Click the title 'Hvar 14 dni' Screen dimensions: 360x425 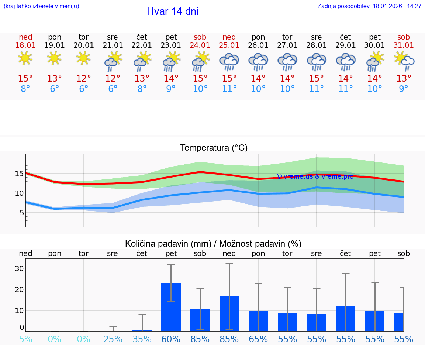coord(172,11)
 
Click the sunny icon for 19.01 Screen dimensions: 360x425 coord(55,58)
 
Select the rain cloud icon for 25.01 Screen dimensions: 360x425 coord(229,61)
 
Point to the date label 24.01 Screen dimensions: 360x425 coord(200,45)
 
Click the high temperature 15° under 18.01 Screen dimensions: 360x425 coord(25,79)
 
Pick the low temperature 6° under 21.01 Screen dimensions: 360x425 coord(113,89)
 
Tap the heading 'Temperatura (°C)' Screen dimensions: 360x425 coord(214,148)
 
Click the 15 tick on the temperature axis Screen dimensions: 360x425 coord(19,174)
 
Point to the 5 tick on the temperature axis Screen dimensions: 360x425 coord(21,213)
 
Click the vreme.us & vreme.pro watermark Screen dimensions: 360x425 coord(315,176)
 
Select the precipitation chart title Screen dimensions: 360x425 coord(213,244)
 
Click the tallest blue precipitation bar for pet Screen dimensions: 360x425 coord(171,307)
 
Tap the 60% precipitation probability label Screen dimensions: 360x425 coord(171,339)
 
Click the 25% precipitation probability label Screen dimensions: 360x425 coord(113,339)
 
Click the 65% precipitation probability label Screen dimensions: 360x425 coord(258,339)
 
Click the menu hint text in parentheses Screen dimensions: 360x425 coord(41,6)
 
